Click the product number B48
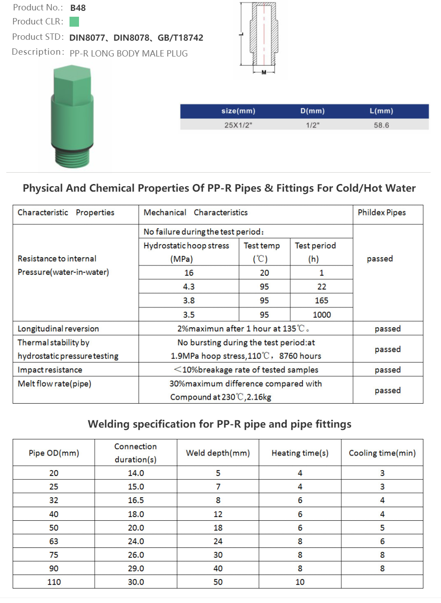pyautogui.click(x=78, y=8)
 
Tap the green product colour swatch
pyautogui.click(x=74, y=22)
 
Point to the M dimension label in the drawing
pyautogui.click(x=264, y=72)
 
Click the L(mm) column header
pyautogui.click(x=381, y=111)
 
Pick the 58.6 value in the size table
pyautogui.click(x=381, y=125)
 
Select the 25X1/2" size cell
pyautogui.click(x=238, y=125)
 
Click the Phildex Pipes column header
pyautogui.click(x=381, y=212)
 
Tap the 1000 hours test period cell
pyautogui.click(x=321, y=315)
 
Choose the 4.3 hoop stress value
pyautogui.click(x=189, y=287)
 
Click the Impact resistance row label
pyautogui.click(x=50, y=370)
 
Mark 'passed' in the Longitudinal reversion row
pyautogui.click(x=387, y=329)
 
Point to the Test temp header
pyautogui.click(x=262, y=245)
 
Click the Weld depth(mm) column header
pyautogui.click(x=218, y=453)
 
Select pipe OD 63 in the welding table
pyautogui.click(x=54, y=541)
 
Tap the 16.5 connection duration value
pyautogui.click(x=136, y=500)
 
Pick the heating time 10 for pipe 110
pyautogui.click(x=300, y=582)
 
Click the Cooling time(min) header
pyautogui.click(x=382, y=453)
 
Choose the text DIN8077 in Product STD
pyautogui.click(x=87, y=38)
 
